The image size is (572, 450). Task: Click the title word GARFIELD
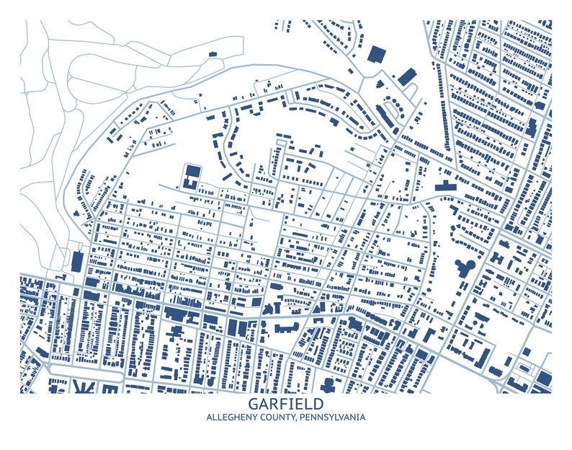[x=286, y=405]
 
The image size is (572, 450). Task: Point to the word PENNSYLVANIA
[x=336, y=418]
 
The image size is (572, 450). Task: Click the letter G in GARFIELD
[x=253, y=405]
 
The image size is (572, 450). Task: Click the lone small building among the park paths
[x=213, y=53]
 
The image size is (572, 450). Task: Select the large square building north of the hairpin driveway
[x=376, y=54]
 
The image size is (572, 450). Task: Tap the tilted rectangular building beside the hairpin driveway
[x=407, y=75]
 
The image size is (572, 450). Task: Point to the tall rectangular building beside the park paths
[x=77, y=261]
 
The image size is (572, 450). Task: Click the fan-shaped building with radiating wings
[x=85, y=387]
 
